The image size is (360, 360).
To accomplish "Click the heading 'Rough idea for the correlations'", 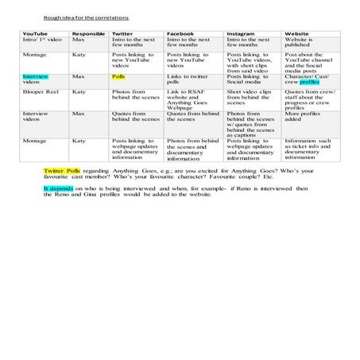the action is pos(76,16).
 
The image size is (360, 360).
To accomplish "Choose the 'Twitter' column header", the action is pos(122,34).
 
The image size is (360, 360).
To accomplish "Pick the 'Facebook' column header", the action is pos(181,34).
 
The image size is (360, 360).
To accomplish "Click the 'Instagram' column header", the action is pos(241,34).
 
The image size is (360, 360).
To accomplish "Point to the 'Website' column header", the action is pos(297,34).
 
